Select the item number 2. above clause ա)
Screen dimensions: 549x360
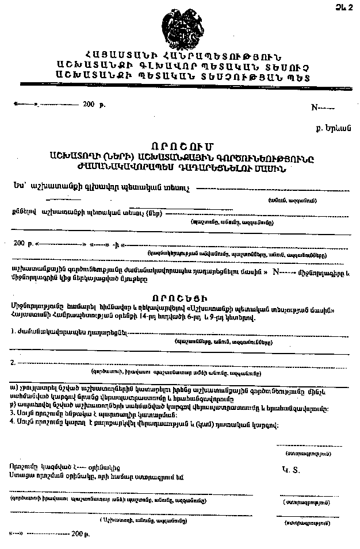click(13, 362)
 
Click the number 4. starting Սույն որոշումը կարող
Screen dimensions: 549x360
click(13, 424)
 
